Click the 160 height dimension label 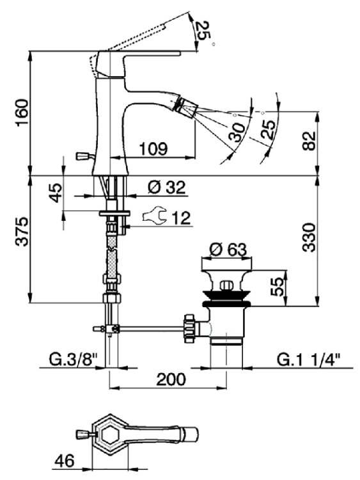tap(22, 113)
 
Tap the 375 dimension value tap(22, 232)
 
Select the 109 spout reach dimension tap(153, 149)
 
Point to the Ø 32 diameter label tap(166, 188)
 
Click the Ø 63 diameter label tap(228, 250)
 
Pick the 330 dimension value tap(309, 237)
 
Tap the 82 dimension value tap(309, 141)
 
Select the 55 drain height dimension tap(278, 287)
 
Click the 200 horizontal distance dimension tap(171, 380)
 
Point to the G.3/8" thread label tap(73, 360)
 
